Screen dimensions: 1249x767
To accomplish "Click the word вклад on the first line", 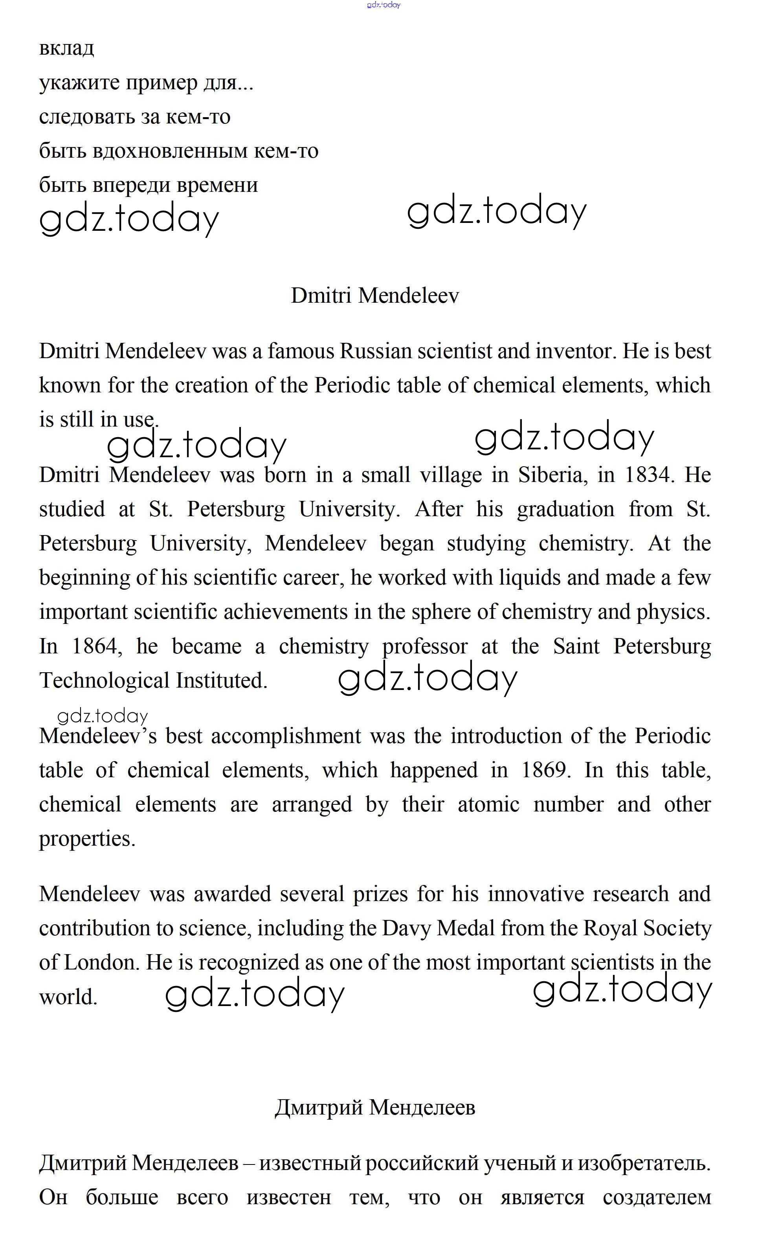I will click(x=66, y=48).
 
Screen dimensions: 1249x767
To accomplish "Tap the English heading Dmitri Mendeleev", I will click(x=375, y=295).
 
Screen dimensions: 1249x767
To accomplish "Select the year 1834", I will click(x=647, y=475).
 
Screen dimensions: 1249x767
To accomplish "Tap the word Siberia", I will click(x=552, y=475).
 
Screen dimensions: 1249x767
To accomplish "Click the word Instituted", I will click(x=221, y=681).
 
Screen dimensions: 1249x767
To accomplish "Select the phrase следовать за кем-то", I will click(x=134, y=117).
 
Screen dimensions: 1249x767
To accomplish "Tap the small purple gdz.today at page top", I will click(x=383, y=5).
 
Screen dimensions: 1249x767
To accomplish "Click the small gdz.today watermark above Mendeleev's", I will click(x=103, y=716).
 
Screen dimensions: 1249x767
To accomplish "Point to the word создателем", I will click(x=657, y=1197).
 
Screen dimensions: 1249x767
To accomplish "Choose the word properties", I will click(x=87, y=839).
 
